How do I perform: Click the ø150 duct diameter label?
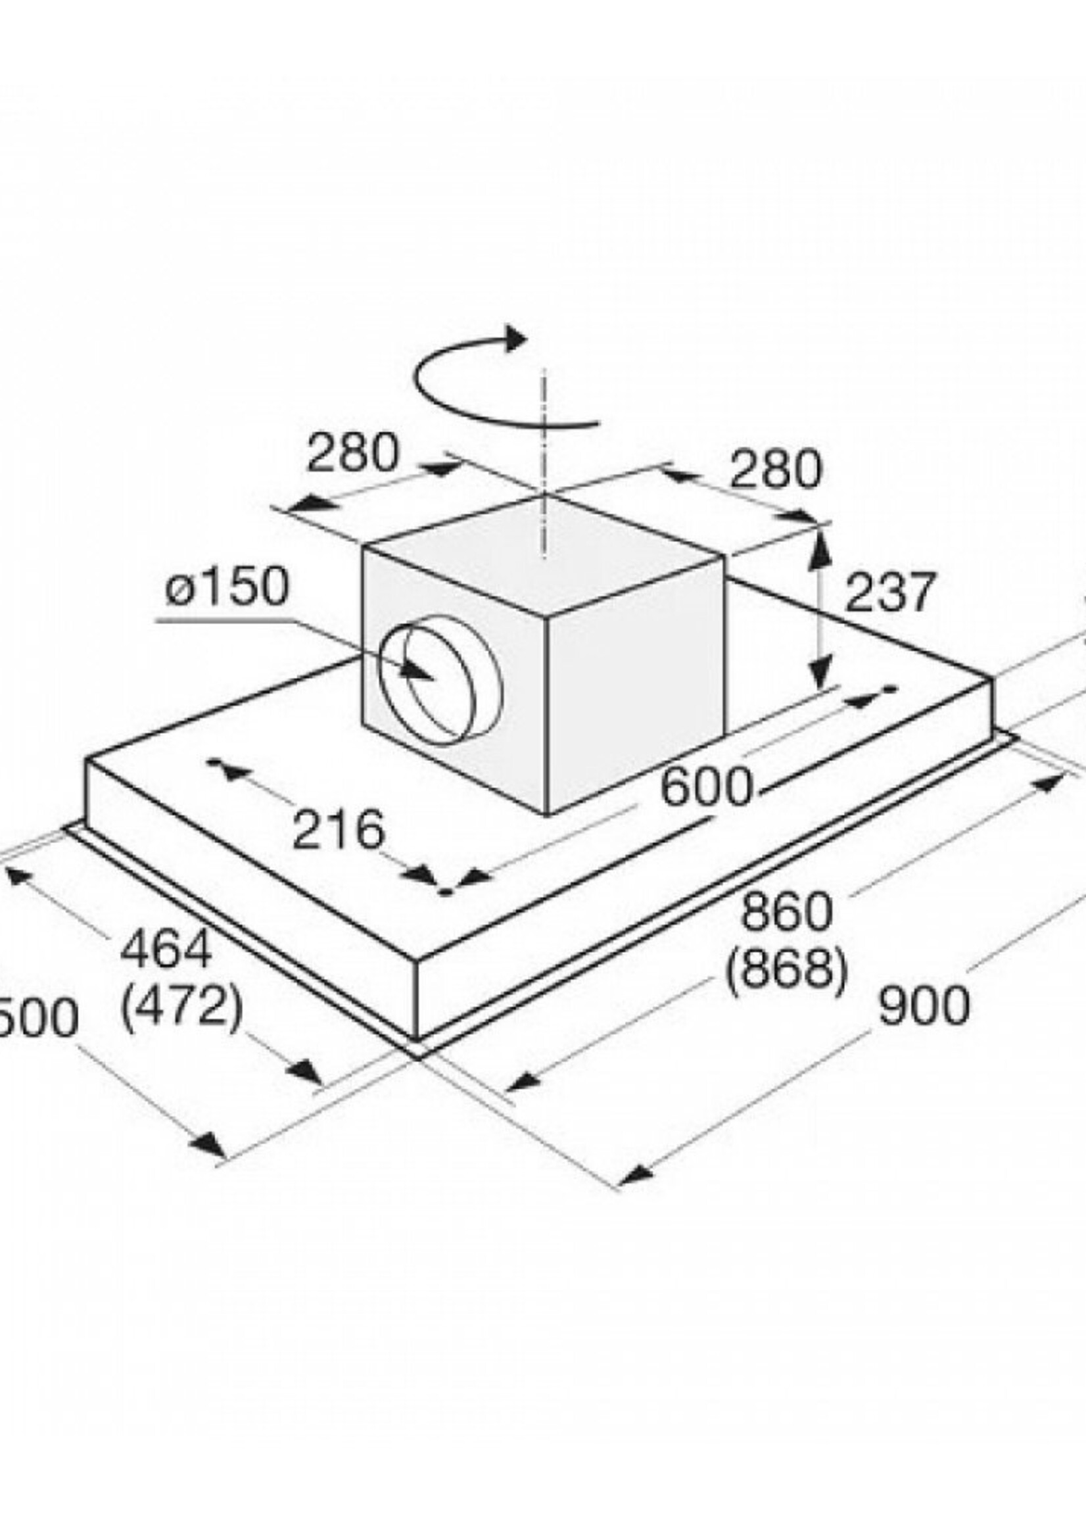227,587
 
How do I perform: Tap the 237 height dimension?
888,591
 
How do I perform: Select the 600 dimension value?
706,787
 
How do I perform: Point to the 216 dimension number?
339,830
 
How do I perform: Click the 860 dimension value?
787,913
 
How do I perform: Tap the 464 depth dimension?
166,949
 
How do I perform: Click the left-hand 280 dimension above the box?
352,453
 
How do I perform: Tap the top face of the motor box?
545,554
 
